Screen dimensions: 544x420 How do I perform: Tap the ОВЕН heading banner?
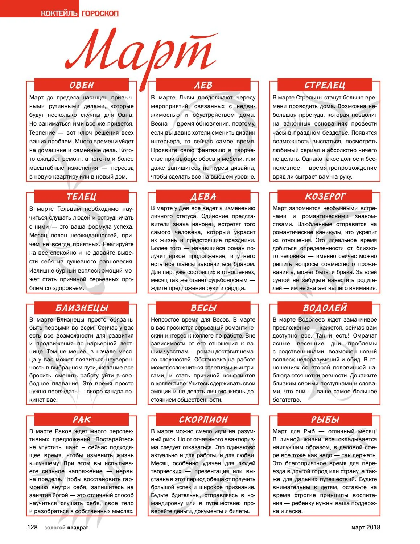[x=82, y=85]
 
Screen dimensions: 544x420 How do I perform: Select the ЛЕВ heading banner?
[x=203, y=85]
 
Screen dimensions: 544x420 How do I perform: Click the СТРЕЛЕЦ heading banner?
[x=325, y=85]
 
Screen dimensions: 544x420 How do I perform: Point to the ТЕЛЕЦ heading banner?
[x=82, y=197]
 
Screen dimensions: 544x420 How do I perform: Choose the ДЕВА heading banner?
[x=203, y=197]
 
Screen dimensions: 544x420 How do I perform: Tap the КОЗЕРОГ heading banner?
[x=325, y=197]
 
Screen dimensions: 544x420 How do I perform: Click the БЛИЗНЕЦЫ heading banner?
[x=82, y=308]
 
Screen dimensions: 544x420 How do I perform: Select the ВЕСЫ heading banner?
[x=203, y=308]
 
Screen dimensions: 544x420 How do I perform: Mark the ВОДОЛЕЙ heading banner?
[x=325, y=308]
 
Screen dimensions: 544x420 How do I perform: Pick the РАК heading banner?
[x=82, y=420]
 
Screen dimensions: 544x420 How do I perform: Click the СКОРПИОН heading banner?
[x=203, y=420]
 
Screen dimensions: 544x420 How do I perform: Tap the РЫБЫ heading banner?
[x=325, y=420]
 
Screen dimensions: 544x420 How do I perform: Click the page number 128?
[x=32, y=527]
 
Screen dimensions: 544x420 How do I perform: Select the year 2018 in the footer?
[x=373, y=527]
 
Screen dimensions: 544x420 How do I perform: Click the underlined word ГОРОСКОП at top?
[x=100, y=13]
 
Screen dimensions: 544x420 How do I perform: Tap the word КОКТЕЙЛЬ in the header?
[x=59, y=13]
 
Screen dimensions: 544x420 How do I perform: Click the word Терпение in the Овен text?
[x=42, y=133]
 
